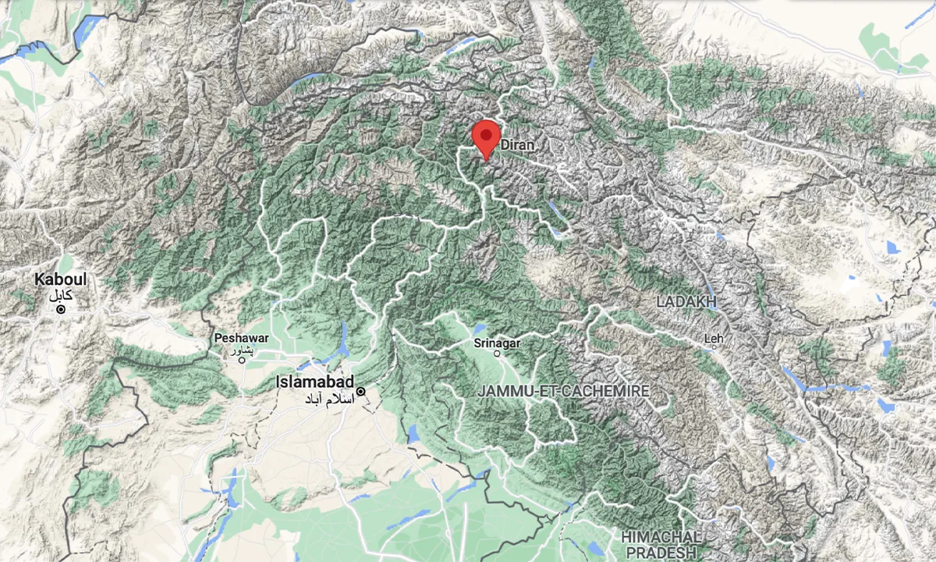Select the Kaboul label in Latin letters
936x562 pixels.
pos(60,279)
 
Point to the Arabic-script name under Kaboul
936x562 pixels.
pos(60,295)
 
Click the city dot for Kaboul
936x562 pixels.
pos(60,310)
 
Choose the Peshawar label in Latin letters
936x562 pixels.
pos(242,338)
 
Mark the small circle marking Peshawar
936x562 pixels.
pos(242,359)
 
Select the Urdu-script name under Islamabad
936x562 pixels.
pos(328,399)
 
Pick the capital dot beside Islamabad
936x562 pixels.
pos(360,391)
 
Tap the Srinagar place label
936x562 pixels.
pos(497,343)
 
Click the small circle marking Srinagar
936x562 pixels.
pos(498,354)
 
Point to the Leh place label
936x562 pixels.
pos(714,339)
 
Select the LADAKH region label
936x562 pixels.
pos(686,301)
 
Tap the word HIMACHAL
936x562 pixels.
pos(660,537)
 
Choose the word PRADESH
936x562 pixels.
pos(661,552)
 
